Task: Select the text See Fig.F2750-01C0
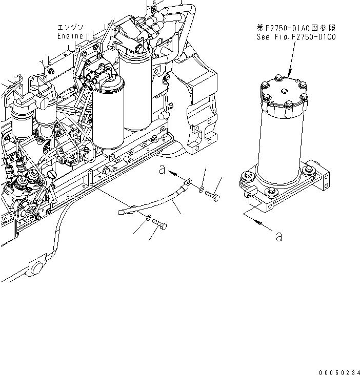(x=296, y=37)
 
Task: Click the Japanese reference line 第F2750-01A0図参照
(x=296, y=28)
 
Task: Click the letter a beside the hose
(x=162, y=171)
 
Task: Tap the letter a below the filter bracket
(x=278, y=237)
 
